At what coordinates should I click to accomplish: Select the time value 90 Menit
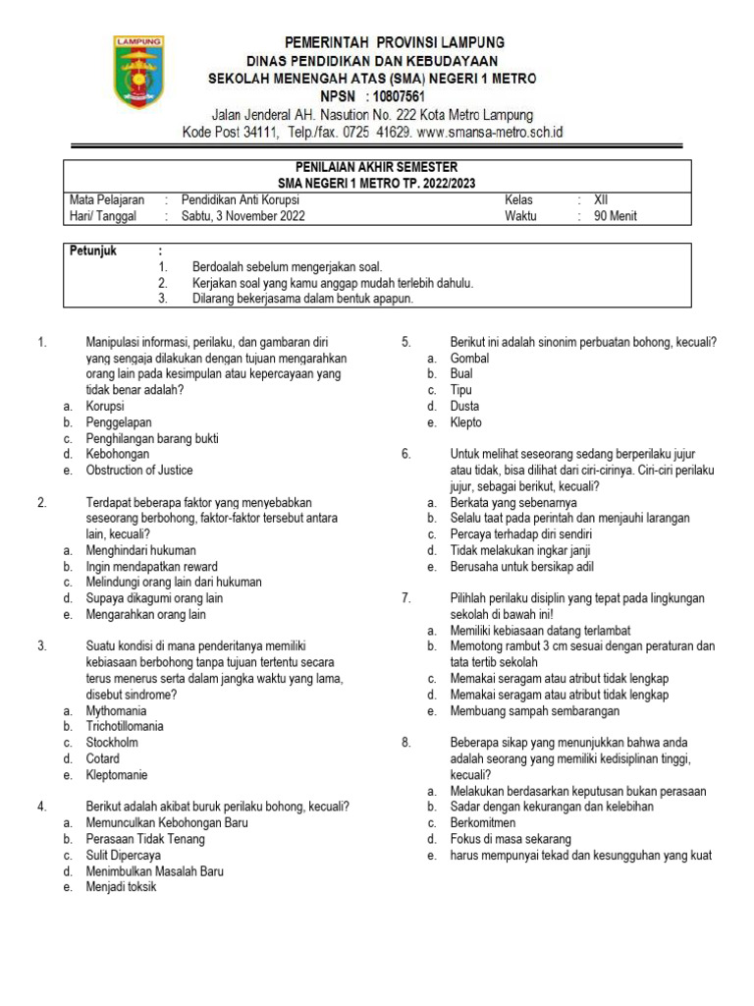pyautogui.click(x=616, y=216)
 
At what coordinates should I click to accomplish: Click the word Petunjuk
pyautogui.click(x=93, y=251)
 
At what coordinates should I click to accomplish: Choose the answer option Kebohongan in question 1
pyautogui.click(x=118, y=454)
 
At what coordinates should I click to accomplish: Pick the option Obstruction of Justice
pyautogui.click(x=139, y=470)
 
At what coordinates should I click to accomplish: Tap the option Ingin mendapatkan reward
pyautogui.click(x=151, y=566)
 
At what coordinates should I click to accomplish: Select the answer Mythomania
pyautogui.click(x=116, y=710)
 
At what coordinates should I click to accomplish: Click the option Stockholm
pyautogui.click(x=112, y=743)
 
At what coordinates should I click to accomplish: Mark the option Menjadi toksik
pyautogui.click(x=121, y=886)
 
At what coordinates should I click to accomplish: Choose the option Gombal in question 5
pyautogui.click(x=469, y=359)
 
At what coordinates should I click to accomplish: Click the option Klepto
pyautogui.click(x=465, y=422)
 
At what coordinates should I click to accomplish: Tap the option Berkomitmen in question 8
pyautogui.click(x=482, y=823)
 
